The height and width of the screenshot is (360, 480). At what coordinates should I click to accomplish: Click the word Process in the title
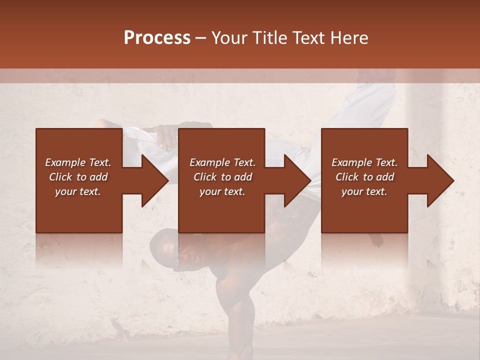pyautogui.click(x=157, y=38)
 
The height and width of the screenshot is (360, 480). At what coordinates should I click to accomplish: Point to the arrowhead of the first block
pyautogui.click(x=152, y=181)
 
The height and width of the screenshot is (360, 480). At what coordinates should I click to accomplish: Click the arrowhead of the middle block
pyautogui.click(x=295, y=181)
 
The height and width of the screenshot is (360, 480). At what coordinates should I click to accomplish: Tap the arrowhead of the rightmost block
pyautogui.click(x=438, y=181)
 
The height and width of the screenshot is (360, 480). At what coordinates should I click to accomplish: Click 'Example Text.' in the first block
pyautogui.click(x=78, y=162)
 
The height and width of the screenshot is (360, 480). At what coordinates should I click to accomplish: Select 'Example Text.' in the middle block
pyautogui.click(x=222, y=162)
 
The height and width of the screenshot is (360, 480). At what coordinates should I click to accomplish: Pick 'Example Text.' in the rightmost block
pyautogui.click(x=364, y=162)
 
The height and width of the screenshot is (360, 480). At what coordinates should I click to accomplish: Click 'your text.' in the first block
pyautogui.click(x=78, y=191)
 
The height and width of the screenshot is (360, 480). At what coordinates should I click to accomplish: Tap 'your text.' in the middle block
pyautogui.click(x=222, y=191)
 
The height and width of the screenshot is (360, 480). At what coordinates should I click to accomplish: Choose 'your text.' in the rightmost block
pyautogui.click(x=364, y=191)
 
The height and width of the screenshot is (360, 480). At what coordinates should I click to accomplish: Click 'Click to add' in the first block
pyautogui.click(x=78, y=177)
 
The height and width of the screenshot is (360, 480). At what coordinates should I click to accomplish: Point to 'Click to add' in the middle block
pyautogui.click(x=222, y=177)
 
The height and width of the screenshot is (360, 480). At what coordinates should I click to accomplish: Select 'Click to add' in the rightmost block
pyautogui.click(x=364, y=177)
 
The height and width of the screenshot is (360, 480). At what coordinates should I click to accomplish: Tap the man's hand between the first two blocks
pyautogui.click(x=165, y=137)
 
